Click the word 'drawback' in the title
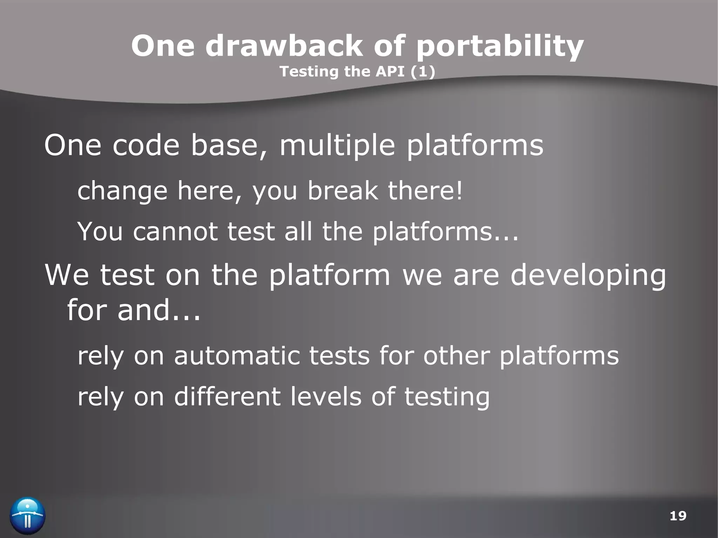(x=284, y=46)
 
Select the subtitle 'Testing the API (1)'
(x=357, y=71)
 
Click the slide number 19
(x=678, y=516)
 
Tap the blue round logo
(x=28, y=516)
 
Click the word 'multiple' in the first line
(x=337, y=145)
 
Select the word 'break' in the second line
(x=343, y=191)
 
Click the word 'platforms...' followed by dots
(x=445, y=232)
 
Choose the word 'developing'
(x=588, y=275)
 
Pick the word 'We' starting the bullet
(x=67, y=275)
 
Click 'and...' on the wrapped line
(x=159, y=310)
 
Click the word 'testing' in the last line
(x=447, y=397)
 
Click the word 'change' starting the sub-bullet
(x=122, y=191)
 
